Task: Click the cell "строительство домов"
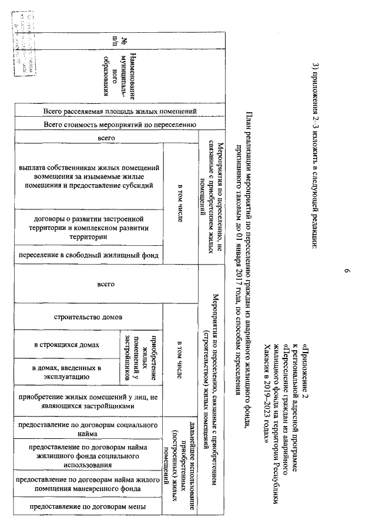click(88, 318)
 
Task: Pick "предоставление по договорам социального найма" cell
click(88, 428)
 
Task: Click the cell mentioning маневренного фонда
click(88, 485)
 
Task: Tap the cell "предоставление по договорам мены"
click(88, 506)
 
